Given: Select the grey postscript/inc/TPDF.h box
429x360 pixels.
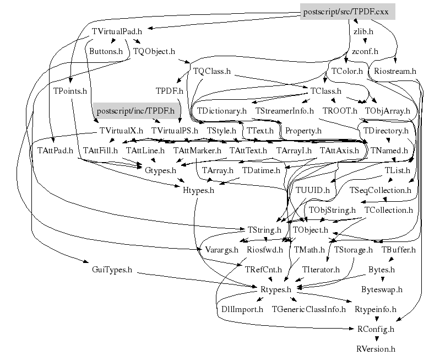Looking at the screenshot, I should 136,111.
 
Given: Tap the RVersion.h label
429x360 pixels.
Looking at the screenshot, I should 376,348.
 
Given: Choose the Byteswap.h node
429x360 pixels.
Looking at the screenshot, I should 382,289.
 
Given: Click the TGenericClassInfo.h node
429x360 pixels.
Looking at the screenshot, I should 309,309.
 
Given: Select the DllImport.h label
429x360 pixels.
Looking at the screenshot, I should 242,309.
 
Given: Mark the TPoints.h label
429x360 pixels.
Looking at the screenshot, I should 70,90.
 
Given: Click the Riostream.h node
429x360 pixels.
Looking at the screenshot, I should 396,71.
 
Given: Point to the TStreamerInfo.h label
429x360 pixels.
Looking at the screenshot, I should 285,110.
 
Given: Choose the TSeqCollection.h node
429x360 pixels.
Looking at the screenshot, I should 381,190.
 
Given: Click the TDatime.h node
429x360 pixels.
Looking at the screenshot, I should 261,170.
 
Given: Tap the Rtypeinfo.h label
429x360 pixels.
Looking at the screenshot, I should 376,309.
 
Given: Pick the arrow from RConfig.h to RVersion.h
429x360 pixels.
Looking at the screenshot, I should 376,338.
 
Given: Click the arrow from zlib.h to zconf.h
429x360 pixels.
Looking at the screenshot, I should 363,41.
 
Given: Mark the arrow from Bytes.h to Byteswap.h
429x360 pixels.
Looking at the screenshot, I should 382,280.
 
